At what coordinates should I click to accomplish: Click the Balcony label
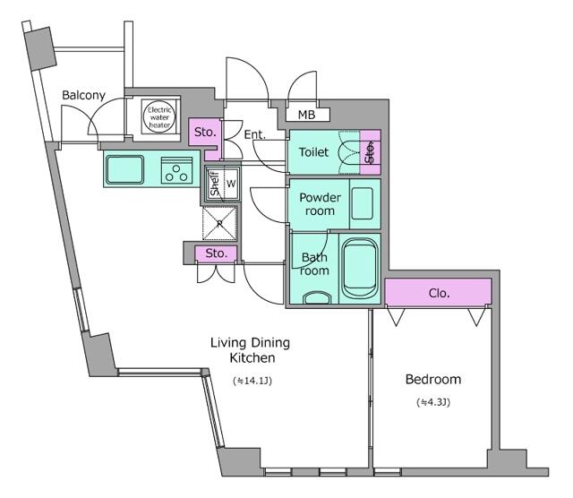[83, 95]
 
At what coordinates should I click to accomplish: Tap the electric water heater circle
[160, 118]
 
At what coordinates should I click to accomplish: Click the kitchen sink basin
[125, 168]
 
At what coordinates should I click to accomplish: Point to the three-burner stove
[177, 169]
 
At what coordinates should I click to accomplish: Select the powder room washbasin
[363, 204]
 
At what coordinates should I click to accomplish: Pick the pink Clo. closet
[438, 292]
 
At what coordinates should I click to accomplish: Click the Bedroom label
[432, 379]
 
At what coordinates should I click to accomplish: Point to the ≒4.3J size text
[432, 403]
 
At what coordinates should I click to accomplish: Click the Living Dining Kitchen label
[250, 350]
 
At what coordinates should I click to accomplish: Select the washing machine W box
[230, 184]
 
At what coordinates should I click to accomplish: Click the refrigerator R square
[219, 224]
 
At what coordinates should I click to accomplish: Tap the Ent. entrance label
[254, 135]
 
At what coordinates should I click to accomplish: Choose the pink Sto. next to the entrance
[205, 133]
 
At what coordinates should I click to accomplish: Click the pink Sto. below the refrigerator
[215, 253]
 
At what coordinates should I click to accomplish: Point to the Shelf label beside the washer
[214, 184]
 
